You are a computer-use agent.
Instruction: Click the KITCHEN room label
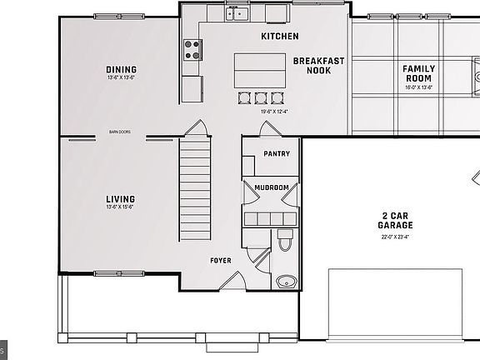click(x=280, y=37)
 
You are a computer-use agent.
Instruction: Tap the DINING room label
click(x=121, y=69)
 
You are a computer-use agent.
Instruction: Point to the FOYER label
click(x=221, y=261)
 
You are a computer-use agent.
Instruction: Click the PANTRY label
click(x=276, y=154)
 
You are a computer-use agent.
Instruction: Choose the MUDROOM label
click(x=272, y=187)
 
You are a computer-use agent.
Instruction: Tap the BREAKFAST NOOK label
click(x=318, y=65)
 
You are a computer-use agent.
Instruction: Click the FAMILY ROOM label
click(x=418, y=73)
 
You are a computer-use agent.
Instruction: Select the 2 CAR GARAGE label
click(x=396, y=220)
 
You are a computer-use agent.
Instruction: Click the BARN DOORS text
click(x=120, y=131)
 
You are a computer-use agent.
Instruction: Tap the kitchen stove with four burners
click(x=192, y=50)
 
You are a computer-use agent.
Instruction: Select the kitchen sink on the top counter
click(x=237, y=12)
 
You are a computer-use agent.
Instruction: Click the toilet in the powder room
click(x=285, y=241)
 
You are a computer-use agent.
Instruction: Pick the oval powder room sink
click(x=286, y=281)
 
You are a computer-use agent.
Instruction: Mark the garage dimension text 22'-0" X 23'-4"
click(x=396, y=237)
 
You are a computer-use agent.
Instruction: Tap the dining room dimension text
click(x=121, y=77)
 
